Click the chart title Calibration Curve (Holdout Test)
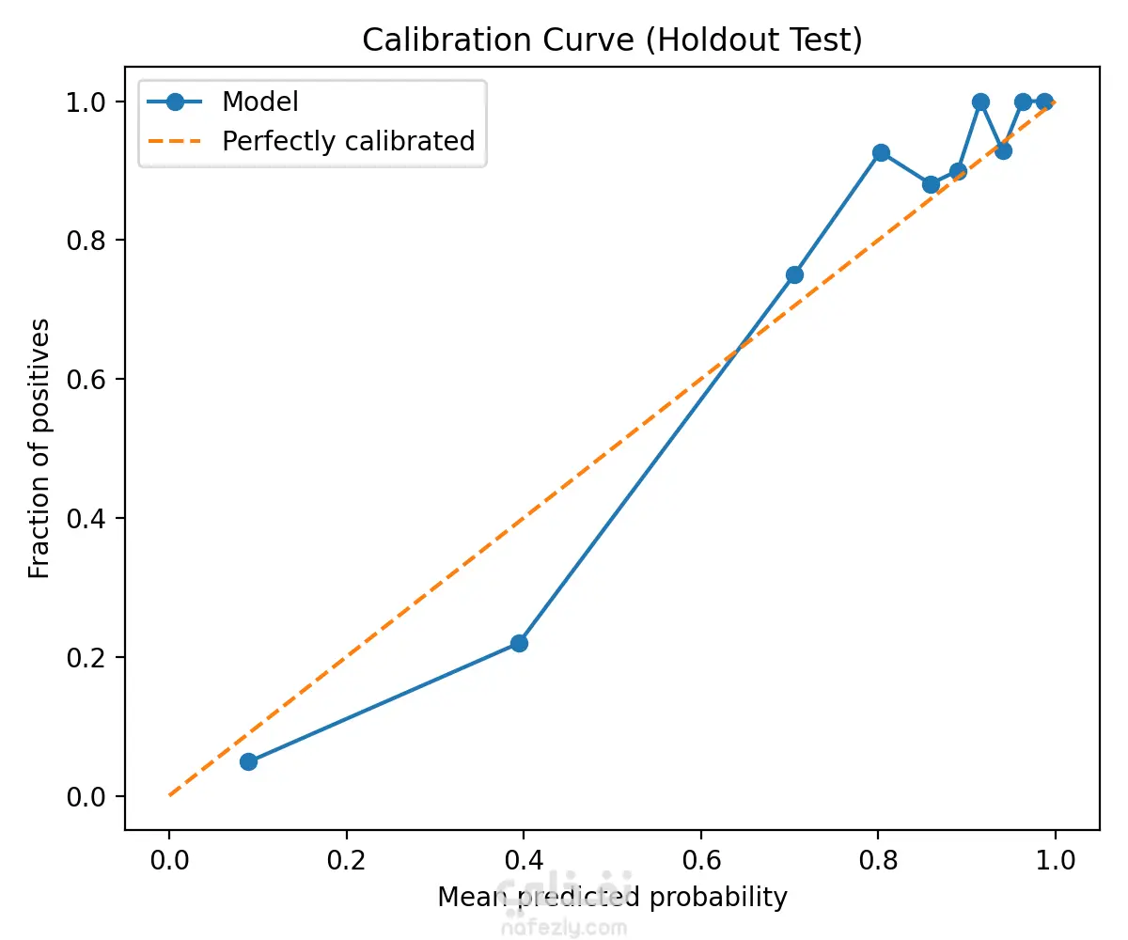612,41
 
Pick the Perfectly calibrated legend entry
348,141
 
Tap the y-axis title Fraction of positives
39,448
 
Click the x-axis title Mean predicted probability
612,898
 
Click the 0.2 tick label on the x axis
347,861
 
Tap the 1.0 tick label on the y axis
86,102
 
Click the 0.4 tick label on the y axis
86,519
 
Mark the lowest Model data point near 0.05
248,761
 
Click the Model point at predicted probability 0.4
519,643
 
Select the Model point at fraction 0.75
794,274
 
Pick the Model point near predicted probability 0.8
881,152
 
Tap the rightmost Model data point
1044,102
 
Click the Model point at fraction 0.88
931,184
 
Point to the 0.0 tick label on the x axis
169,861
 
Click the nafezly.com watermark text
564,928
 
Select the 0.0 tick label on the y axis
86,797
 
